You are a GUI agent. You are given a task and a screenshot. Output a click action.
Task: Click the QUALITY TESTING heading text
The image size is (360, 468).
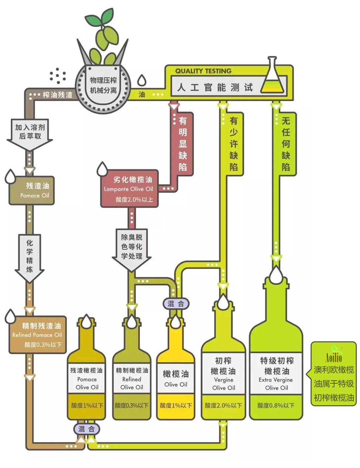[x=203, y=71]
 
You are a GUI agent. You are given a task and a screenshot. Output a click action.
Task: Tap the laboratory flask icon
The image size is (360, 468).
[x=272, y=77]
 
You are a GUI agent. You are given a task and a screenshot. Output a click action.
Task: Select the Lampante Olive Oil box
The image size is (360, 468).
[x=129, y=189]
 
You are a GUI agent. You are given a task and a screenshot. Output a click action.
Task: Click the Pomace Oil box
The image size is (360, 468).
[x=32, y=191]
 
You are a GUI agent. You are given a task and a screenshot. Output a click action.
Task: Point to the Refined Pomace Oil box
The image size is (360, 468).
[x=37, y=335]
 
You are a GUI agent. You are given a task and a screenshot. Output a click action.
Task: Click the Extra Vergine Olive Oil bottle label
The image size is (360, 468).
[x=276, y=373]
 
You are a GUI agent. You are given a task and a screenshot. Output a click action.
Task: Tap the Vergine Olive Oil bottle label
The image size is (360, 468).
[x=223, y=373]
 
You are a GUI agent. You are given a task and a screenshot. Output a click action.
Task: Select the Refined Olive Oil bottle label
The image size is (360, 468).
[x=132, y=378]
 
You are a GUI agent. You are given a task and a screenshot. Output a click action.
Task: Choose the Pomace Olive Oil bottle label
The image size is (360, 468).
[x=87, y=378]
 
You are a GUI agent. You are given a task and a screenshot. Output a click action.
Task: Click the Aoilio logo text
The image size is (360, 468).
[x=334, y=357]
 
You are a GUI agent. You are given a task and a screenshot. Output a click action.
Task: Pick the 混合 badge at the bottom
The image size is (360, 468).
[x=87, y=429]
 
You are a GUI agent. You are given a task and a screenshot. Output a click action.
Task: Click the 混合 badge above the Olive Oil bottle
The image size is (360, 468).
[x=176, y=303]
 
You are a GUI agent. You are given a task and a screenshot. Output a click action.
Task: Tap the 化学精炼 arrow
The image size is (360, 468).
[x=29, y=256]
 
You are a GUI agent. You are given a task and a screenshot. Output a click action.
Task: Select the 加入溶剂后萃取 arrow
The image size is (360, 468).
[x=30, y=133]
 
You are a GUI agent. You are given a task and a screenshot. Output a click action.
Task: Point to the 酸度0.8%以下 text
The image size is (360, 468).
[x=276, y=405]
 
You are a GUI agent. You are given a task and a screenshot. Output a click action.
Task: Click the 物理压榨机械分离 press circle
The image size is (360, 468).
[x=103, y=86]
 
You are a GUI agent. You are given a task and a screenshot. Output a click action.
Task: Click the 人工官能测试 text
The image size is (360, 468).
[x=215, y=87]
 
